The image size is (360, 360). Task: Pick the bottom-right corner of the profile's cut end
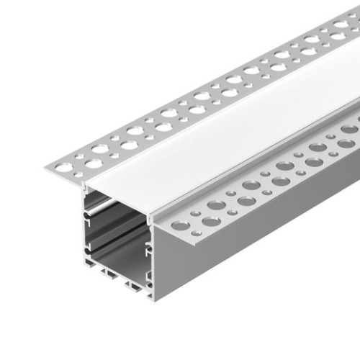click(153, 297)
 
